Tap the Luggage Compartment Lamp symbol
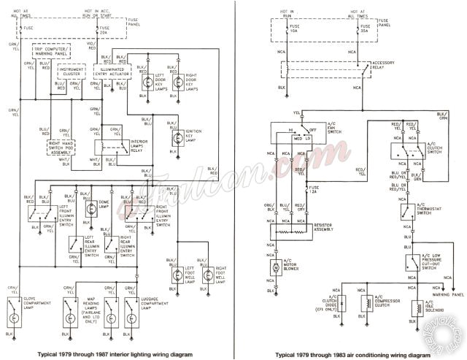pos(134,318)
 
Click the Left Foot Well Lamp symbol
pos(177,275)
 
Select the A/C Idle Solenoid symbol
pos(417,307)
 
